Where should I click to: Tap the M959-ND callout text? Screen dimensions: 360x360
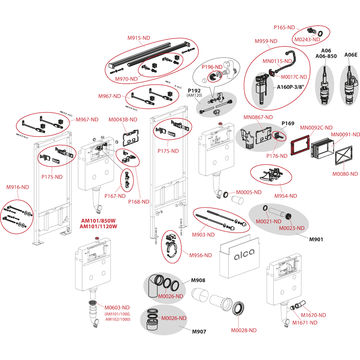pyautogui.click(x=266, y=41)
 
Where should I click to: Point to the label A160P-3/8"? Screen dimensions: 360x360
pyautogui.click(x=291, y=86)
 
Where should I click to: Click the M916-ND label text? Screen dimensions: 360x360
pyautogui.click(x=17, y=187)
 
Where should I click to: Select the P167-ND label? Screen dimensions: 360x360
pyautogui.click(x=115, y=196)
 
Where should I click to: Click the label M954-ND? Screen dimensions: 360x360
pyautogui.click(x=286, y=196)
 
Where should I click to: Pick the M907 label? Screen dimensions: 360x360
pyautogui.click(x=199, y=332)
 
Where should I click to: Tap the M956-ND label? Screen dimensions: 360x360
pyautogui.click(x=200, y=255)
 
